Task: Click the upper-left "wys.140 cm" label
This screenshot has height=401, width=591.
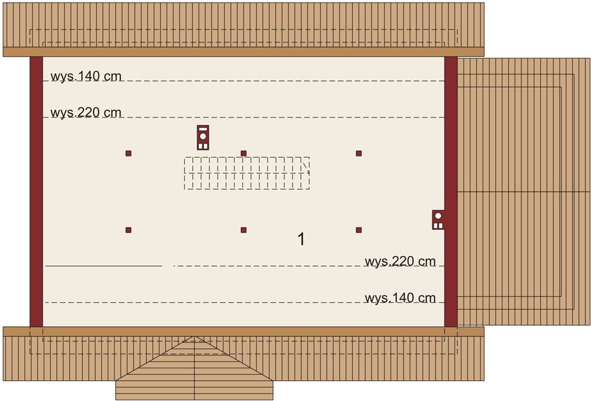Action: [x=86, y=76]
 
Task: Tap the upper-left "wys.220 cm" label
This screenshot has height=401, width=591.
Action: [x=86, y=112]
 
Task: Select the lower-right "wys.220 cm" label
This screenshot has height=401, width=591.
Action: [x=400, y=261]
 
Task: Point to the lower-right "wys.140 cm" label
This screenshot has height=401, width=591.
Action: [x=400, y=298]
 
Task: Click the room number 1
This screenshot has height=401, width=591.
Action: [x=301, y=239]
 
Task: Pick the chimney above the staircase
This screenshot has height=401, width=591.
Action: [x=203, y=138]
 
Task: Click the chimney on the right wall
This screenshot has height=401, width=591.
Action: [x=438, y=220]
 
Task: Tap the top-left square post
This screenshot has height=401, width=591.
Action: [x=129, y=153]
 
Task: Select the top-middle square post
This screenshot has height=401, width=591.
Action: [x=244, y=153]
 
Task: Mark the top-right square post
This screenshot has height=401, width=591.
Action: [x=359, y=153]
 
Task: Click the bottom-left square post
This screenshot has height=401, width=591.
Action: [x=129, y=230]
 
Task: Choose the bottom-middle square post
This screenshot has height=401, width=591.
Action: [x=244, y=230]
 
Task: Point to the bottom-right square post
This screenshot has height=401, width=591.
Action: [x=359, y=230]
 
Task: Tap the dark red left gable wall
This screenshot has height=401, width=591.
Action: [x=36, y=192]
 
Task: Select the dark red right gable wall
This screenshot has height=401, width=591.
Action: [x=451, y=192]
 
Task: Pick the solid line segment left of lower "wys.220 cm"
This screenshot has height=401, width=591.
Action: [x=104, y=266]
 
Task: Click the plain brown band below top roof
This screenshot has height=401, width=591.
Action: [x=244, y=52]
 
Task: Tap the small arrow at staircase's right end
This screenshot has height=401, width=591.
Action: [x=307, y=168]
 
